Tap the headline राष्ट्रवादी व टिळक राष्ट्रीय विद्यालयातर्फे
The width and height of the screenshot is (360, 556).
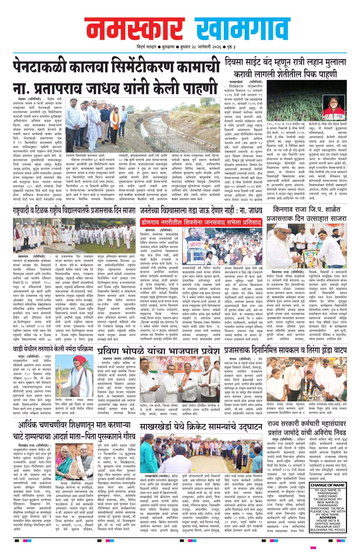pyautogui.click(x=74, y=211)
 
